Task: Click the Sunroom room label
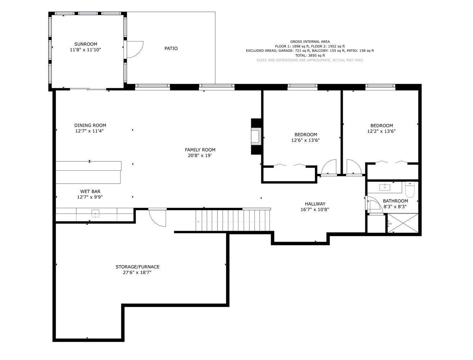click(86, 44)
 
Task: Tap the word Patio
click(171, 48)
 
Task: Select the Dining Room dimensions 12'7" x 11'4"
click(90, 131)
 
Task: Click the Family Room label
click(200, 150)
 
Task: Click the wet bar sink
click(95, 213)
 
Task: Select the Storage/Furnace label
click(138, 267)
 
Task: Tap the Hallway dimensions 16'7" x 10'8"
click(315, 210)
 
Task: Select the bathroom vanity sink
click(385, 187)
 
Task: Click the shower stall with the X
click(403, 223)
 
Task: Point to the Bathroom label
click(395, 201)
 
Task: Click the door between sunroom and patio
click(134, 50)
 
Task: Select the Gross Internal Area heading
click(310, 42)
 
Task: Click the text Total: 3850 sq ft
click(310, 55)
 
